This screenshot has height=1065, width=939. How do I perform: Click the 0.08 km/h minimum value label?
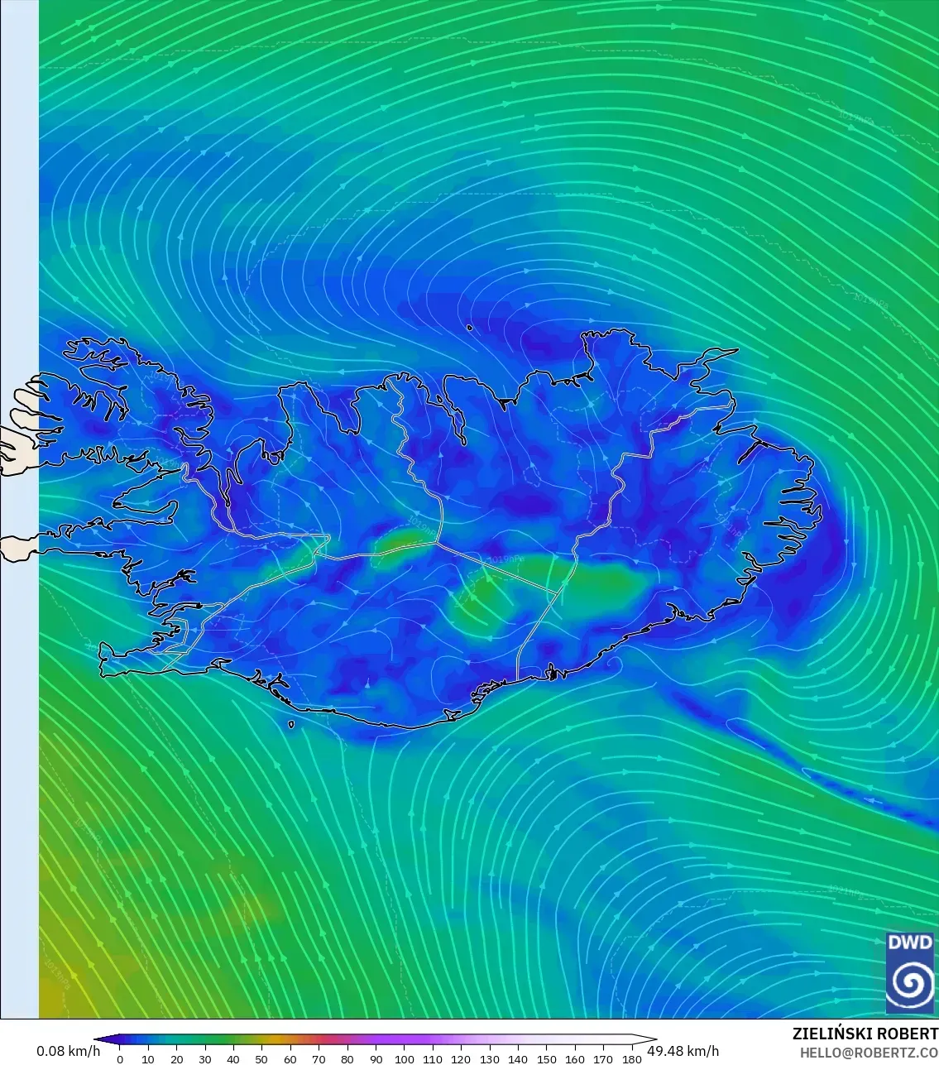pyautogui.click(x=68, y=1051)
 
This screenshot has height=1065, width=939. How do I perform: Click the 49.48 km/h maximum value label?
pyautogui.click(x=683, y=1051)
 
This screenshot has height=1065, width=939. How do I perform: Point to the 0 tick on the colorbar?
pyautogui.click(x=120, y=1058)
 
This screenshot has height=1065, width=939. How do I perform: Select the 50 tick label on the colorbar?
pyautogui.click(x=261, y=1059)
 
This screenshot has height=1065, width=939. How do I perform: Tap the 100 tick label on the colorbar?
pyautogui.click(x=404, y=1059)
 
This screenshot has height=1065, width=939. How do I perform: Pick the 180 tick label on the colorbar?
pyautogui.click(x=631, y=1059)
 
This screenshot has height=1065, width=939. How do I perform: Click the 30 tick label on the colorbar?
pyautogui.click(x=205, y=1059)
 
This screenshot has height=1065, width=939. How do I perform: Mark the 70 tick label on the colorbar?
pyautogui.click(x=319, y=1059)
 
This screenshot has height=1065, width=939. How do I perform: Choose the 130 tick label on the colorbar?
pyautogui.click(x=489, y=1059)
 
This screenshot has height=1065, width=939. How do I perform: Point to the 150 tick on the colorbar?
pyautogui.click(x=546, y=1058)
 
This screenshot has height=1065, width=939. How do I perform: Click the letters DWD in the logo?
pyautogui.click(x=909, y=943)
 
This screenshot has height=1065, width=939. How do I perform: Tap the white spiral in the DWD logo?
pyautogui.click(x=909, y=983)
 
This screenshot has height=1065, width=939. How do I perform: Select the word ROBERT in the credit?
pyautogui.click(x=908, y=1034)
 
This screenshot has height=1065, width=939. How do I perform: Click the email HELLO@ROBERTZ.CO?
pyautogui.click(x=869, y=1052)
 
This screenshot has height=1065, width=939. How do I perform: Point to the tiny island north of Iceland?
pyautogui.click(x=469, y=328)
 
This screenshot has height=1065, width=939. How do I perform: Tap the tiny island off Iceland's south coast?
pyautogui.click(x=291, y=725)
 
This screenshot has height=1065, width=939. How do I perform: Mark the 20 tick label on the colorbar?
pyautogui.click(x=176, y=1059)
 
